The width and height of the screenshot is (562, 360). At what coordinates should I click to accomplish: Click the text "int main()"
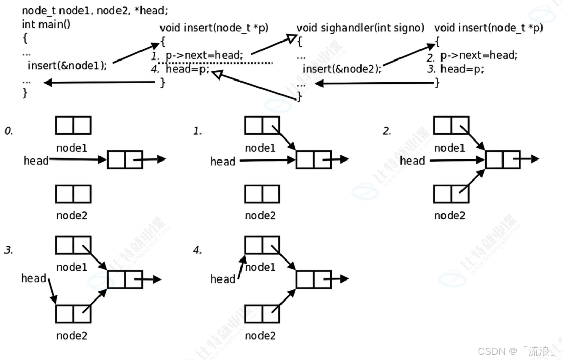46,24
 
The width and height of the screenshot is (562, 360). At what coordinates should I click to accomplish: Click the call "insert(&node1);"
67,65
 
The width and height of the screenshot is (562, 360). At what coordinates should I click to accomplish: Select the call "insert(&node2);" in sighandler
342,69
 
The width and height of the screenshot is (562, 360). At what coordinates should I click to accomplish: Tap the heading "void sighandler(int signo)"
360,28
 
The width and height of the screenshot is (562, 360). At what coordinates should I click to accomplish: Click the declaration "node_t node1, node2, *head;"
95,11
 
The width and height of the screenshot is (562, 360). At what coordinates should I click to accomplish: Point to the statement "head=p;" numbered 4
187,69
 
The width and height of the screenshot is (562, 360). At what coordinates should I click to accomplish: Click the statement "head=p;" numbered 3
462,69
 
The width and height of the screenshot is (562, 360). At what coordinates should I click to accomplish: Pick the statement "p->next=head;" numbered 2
479,55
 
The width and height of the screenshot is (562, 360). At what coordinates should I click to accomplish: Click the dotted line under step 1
215,63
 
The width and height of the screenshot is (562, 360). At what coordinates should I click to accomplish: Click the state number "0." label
9,131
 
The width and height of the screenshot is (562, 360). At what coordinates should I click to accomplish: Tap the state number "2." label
387,131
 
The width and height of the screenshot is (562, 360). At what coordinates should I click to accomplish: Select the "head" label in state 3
34,278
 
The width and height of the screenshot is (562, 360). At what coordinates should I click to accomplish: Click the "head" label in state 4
223,279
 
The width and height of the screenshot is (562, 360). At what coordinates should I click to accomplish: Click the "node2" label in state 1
260,215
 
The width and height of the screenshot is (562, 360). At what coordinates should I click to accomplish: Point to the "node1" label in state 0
72,148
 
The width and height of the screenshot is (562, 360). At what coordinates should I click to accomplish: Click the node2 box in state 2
451,194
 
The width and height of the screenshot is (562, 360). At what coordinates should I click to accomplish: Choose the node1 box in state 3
73,245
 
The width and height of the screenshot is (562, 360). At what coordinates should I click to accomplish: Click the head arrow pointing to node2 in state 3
52,291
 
